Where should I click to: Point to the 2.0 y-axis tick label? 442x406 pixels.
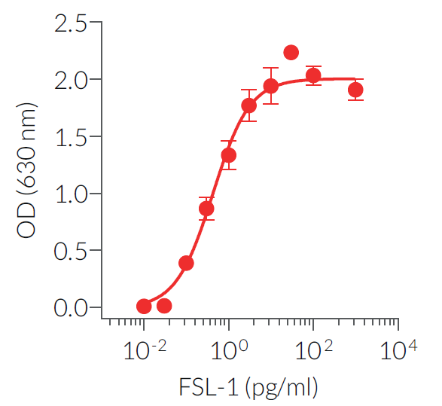pos(70,79)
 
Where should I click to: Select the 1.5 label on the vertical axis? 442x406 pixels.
pos(70,136)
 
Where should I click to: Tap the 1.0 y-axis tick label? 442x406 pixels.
pos(70,194)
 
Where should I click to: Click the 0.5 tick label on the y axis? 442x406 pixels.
pos(70,250)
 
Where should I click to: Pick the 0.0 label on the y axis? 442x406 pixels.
pos(70,307)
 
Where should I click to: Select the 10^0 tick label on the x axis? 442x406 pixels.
pos(227,350)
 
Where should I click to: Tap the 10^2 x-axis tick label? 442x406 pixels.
pos(312,350)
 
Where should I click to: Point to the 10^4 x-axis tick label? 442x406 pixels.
pos(398,350)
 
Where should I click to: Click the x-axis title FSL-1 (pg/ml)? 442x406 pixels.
pos(248,388)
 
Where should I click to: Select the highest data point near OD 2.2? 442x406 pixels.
pos(291,53)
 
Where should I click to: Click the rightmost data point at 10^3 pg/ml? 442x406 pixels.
pos(355,90)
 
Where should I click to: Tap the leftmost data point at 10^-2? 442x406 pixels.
pos(144,306)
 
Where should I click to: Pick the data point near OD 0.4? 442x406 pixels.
pos(186,263)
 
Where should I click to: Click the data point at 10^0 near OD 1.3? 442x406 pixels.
pos(228,155)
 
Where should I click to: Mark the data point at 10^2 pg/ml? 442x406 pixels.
pos(313,75)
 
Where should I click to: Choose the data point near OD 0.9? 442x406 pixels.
pos(206,208)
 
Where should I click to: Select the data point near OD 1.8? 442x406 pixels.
pos(249,105)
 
